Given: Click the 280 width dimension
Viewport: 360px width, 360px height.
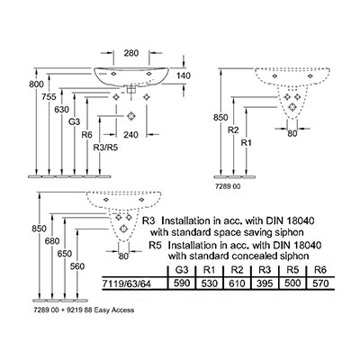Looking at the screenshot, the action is (131, 53).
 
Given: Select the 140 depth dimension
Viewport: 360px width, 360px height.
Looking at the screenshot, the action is (184, 76).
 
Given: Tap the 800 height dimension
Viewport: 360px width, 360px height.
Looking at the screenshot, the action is (36, 85).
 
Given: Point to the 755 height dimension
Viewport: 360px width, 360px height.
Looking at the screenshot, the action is (49, 97).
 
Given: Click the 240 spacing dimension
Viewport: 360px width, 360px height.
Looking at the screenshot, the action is (131, 135).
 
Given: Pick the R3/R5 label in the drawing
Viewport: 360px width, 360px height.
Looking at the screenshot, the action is (105, 148).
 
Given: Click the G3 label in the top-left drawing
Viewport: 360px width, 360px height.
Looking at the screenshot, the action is (74, 122).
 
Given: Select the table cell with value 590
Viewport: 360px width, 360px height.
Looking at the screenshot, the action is (182, 283).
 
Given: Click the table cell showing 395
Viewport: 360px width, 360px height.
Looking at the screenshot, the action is (265, 283).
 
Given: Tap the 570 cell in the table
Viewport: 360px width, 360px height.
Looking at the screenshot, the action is (320, 283).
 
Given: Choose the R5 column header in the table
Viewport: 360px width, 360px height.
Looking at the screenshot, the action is (292, 270).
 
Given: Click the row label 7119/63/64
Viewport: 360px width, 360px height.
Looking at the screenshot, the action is (127, 283).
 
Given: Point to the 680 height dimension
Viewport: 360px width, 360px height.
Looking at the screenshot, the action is (52, 241).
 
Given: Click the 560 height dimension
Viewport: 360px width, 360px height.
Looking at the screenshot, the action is (77, 266).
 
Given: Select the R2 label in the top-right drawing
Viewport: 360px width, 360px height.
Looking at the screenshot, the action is (233, 130).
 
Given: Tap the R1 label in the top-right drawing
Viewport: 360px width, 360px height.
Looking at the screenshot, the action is (246, 143).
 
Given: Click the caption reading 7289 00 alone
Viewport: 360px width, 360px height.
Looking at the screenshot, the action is (229, 186).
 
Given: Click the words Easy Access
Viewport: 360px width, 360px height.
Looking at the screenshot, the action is (114, 310).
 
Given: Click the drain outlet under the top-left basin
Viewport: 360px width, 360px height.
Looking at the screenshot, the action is (131, 89).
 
